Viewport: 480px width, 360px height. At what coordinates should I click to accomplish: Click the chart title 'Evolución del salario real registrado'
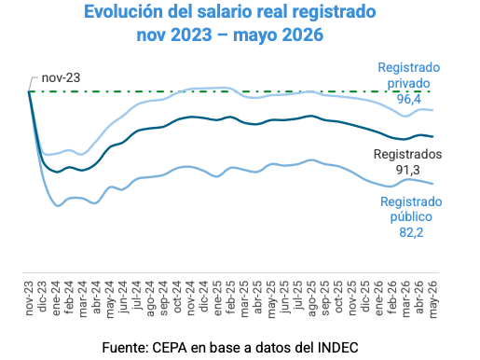230,12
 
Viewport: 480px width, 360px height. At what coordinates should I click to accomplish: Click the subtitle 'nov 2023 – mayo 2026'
230,35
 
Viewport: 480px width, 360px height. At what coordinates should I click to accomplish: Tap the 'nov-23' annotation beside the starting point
61,77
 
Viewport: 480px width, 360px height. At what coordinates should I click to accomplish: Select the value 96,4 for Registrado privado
408,99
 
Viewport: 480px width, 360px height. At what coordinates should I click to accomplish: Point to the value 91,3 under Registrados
407,170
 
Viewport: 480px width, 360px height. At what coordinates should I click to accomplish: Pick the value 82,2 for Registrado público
411,232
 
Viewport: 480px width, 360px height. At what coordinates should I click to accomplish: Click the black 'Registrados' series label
407,154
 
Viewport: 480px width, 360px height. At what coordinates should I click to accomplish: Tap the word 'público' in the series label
411,217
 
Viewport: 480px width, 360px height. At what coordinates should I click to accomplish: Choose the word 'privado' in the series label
408,84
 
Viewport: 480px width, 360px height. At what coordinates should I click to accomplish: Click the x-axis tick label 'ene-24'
56,298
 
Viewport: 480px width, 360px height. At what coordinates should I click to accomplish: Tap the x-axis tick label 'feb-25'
231,298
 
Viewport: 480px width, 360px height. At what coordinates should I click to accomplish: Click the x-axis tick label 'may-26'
433,299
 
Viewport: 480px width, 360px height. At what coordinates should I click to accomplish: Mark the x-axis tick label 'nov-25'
352,298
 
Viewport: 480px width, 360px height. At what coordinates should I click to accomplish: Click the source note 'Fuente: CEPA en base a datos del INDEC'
230,348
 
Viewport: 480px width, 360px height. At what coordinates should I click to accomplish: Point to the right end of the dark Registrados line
432,136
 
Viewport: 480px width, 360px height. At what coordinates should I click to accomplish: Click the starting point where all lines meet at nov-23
29,91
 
